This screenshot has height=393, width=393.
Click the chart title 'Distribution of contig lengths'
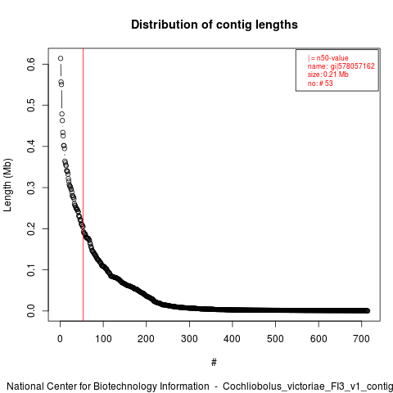[215, 25]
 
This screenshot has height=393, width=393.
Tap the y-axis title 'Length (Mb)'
[7, 185]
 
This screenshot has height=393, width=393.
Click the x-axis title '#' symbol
[214, 363]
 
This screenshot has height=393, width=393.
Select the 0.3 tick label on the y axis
[31, 187]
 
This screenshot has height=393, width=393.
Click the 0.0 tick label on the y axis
[31, 311]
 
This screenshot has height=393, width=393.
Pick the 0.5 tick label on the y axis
[31, 106]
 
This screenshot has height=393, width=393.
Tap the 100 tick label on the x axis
[103, 339]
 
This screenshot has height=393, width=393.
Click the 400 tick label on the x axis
[233, 339]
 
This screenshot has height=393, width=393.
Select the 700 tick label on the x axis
[361, 339]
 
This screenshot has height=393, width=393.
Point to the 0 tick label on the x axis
[60, 339]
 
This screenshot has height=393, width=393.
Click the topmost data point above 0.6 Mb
[61, 58]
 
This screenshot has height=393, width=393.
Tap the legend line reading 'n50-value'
[328, 58]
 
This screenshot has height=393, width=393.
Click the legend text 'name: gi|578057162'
[341, 66]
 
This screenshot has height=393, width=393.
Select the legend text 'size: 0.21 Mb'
[328, 75]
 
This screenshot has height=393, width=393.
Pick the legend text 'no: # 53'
[320, 83]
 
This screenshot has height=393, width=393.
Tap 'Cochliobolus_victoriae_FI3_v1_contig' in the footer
[308, 386]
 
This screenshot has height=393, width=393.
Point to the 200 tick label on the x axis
[146, 339]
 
